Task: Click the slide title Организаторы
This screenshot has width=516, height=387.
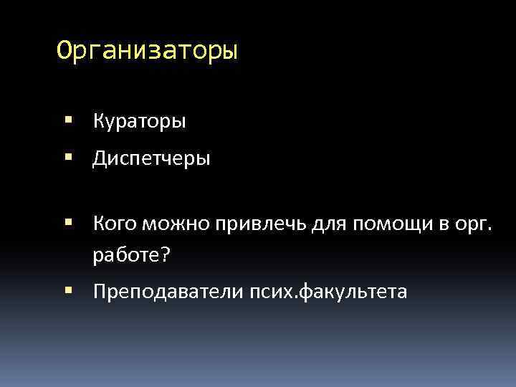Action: pos(147,52)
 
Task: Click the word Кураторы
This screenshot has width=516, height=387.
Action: pos(139,121)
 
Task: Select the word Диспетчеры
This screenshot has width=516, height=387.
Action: pos(151,158)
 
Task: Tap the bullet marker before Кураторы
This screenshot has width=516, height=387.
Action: pos(68,120)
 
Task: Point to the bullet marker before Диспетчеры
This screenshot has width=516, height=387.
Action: pos(68,158)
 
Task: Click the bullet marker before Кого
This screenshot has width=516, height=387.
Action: pos(68,224)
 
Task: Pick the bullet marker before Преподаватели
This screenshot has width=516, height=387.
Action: pos(68,291)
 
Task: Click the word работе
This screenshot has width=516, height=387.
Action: pos(125,255)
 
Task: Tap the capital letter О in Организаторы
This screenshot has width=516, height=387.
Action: pos(64,52)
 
